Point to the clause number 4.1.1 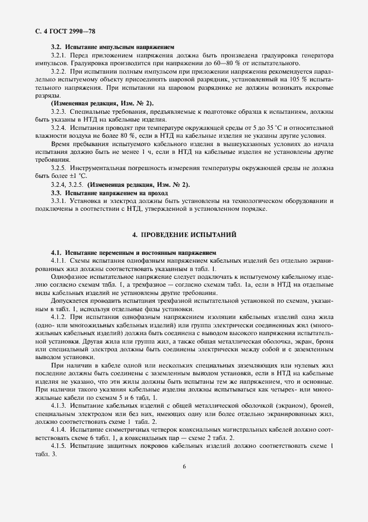(x=59, y=261)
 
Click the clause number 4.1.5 (x=59, y=448)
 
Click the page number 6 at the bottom (x=184, y=482)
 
